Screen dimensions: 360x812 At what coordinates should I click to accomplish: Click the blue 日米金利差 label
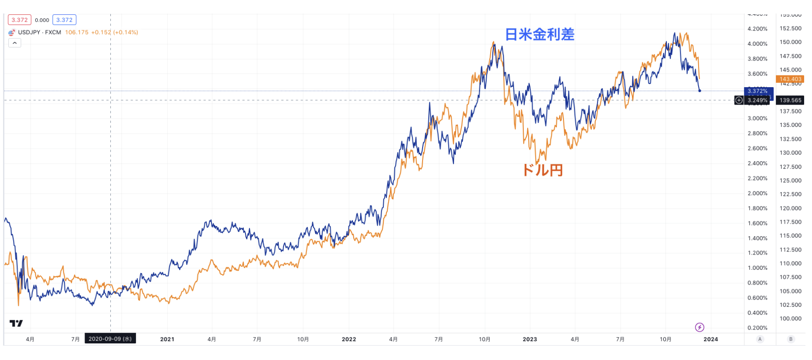(x=539, y=34)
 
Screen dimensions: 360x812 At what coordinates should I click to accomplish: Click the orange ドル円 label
(x=542, y=170)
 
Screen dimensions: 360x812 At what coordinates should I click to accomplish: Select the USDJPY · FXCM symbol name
(x=40, y=32)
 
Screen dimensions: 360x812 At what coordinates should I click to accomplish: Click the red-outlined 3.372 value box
(x=20, y=20)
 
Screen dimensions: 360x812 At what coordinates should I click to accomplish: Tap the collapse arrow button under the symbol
(x=15, y=43)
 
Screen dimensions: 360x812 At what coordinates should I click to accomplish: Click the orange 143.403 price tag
(x=790, y=79)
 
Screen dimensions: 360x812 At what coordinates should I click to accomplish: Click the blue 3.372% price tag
(x=758, y=91)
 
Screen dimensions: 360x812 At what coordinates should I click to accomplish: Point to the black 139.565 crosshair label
(x=790, y=100)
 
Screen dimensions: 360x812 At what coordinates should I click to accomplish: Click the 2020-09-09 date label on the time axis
(x=110, y=339)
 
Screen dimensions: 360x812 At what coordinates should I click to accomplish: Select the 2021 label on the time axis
(x=167, y=339)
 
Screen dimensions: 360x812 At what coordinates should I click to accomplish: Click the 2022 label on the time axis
(x=348, y=339)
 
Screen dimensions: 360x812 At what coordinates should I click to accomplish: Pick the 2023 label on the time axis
(x=530, y=339)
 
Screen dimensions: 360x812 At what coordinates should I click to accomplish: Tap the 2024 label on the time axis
(x=710, y=339)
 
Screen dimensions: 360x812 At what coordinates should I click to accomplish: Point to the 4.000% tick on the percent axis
(x=757, y=44)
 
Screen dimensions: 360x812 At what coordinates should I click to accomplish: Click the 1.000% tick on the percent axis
(x=757, y=268)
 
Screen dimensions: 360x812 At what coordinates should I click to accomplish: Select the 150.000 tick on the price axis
(x=790, y=42)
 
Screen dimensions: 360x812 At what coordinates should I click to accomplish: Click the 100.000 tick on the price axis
(x=790, y=319)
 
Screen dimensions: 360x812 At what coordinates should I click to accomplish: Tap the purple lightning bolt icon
(x=699, y=327)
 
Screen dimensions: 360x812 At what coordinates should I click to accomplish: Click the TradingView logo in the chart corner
(x=16, y=323)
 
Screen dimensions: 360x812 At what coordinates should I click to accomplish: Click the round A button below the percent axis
(x=760, y=339)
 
